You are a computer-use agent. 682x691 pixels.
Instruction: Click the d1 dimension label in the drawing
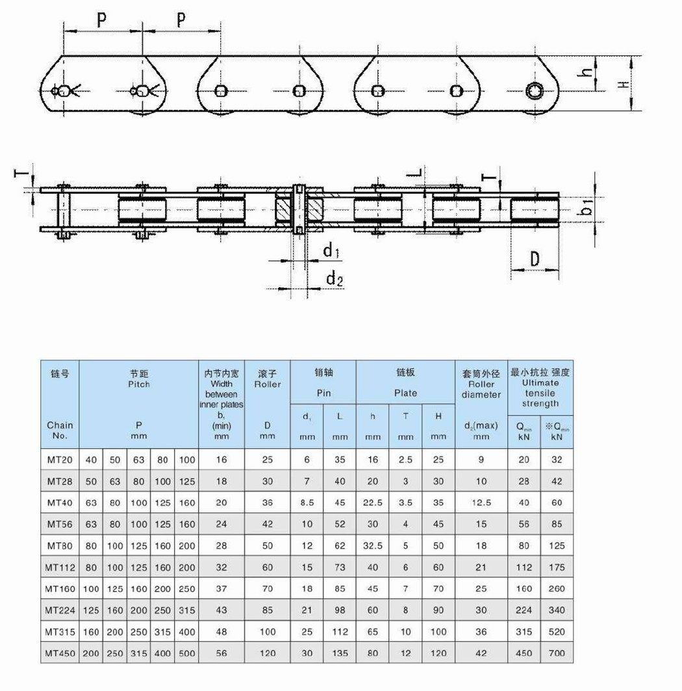pos(332,252)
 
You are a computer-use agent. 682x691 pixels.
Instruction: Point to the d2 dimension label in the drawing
pos(335,279)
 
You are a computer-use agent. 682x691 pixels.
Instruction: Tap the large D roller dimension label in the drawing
pos(534,259)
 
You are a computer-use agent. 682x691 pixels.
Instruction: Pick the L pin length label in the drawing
pos(418,173)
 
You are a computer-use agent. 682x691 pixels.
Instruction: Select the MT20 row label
pos(60,460)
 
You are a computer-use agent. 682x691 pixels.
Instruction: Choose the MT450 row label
pos(60,653)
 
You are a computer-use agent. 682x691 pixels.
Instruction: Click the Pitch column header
pos(138,383)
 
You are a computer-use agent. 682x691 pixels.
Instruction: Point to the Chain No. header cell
pos(60,430)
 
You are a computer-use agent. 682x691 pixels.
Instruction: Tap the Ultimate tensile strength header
pos(540,388)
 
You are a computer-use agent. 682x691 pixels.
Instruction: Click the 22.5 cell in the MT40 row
pos(373,503)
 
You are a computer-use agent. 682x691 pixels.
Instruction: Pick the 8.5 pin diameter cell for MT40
pos(307,503)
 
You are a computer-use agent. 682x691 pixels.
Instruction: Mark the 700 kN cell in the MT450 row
pos(557,653)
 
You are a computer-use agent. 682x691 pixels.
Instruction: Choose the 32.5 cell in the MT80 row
pos(373,546)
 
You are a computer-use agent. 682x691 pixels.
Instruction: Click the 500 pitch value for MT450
pos(187,653)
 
